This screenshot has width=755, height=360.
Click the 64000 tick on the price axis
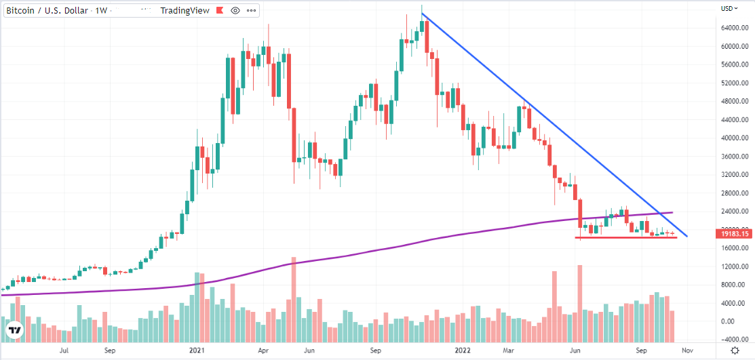tap(729, 28)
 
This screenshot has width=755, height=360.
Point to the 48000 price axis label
tap(729, 101)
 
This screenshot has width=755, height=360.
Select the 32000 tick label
tap(729, 174)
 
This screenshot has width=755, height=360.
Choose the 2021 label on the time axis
tap(197, 351)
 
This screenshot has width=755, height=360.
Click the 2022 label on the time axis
tap(463, 351)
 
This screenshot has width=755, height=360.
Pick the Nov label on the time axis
tap(687, 351)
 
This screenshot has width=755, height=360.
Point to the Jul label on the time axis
tap(64, 351)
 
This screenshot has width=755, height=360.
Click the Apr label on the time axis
tap(264, 351)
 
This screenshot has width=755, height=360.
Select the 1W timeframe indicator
tap(101, 11)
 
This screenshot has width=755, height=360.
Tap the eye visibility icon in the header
tap(235, 11)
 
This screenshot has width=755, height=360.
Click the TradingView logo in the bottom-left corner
tap(14, 330)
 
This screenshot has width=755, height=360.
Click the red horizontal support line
tap(627, 237)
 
